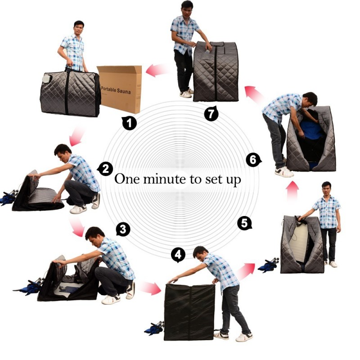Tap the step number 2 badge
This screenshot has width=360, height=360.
pyautogui.click(x=105, y=169)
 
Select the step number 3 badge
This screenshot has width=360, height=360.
pyautogui.click(x=123, y=229)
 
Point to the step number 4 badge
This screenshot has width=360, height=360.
pyautogui.click(x=179, y=255)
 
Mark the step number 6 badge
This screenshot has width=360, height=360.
pyautogui.click(x=253, y=159)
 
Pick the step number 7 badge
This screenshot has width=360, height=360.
pyautogui.click(x=211, y=113)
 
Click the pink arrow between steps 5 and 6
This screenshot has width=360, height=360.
pyautogui.click(x=292, y=191)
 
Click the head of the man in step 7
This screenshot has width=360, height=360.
pyautogui.click(x=187, y=8)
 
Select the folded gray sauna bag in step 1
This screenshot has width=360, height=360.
pyautogui.click(x=70, y=94)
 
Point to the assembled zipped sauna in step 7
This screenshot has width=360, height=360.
pyautogui.click(x=216, y=72)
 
